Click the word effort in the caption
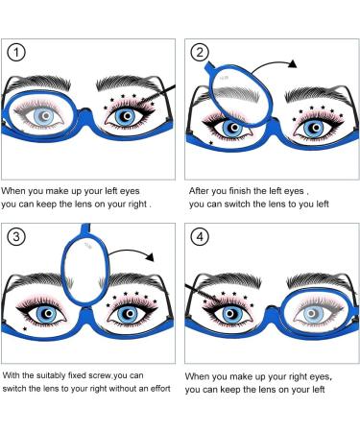(x=155, y=390)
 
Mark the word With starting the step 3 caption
(x=12, y=374)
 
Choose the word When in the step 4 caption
(x=199, y=377)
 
